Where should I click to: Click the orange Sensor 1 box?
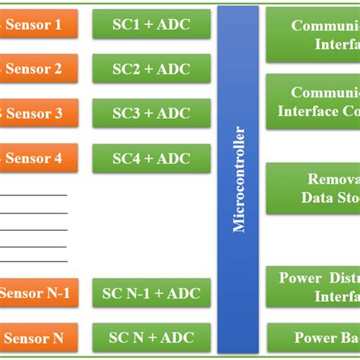click(x=38, y=24)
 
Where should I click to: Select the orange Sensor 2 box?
click(x=38, y=69)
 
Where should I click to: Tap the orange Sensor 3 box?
click(x=38, y=114)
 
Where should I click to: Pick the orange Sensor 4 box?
click(x=38, y=158)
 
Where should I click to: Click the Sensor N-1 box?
click(x=38, y=293)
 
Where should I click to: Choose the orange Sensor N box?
click(x=38, y=337)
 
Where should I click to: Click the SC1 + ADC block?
click(x=151, y=24)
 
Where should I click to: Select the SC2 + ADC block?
click(x=151, y=69)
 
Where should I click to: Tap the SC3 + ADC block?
click(x=151, y=114)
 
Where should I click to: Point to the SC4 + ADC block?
click(x=151, y=158)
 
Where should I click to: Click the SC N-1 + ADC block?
click(x=151, y=293)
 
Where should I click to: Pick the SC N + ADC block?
click(x=151, y=337)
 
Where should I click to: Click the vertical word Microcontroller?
click(x=238, y=179)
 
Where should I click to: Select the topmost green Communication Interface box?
click(x=313, y=35)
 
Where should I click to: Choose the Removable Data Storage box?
click(x=313, y=188)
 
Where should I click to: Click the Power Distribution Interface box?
click(x=313, y=286)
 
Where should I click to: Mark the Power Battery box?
click(x=313, y=337)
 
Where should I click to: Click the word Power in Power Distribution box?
click(x=301, y=278)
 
